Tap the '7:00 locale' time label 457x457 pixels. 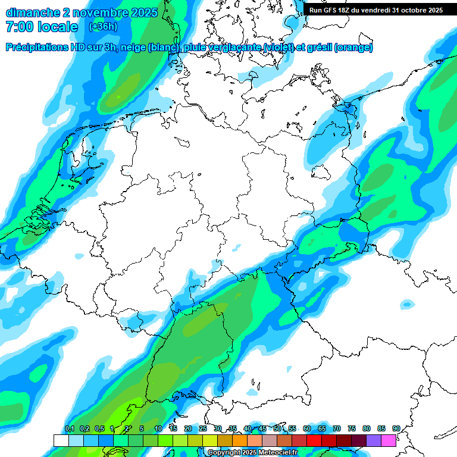click(41, 27)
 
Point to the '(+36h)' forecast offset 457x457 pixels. click(103, 27)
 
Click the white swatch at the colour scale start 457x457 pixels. click(61, 440)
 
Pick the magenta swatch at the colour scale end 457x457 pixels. click(389, 440)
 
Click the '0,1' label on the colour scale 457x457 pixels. click(69, 429)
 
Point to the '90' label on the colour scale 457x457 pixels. click(396, 429)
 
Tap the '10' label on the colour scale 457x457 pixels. click(158, 429)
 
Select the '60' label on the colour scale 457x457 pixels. click(307, 429)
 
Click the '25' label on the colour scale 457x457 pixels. click(203, 429)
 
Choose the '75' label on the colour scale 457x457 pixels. click(352, 429)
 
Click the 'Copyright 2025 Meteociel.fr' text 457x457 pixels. click(252, 453)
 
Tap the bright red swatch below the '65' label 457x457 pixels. click(314, 440)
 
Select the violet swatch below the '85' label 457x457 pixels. click(374, 440)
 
